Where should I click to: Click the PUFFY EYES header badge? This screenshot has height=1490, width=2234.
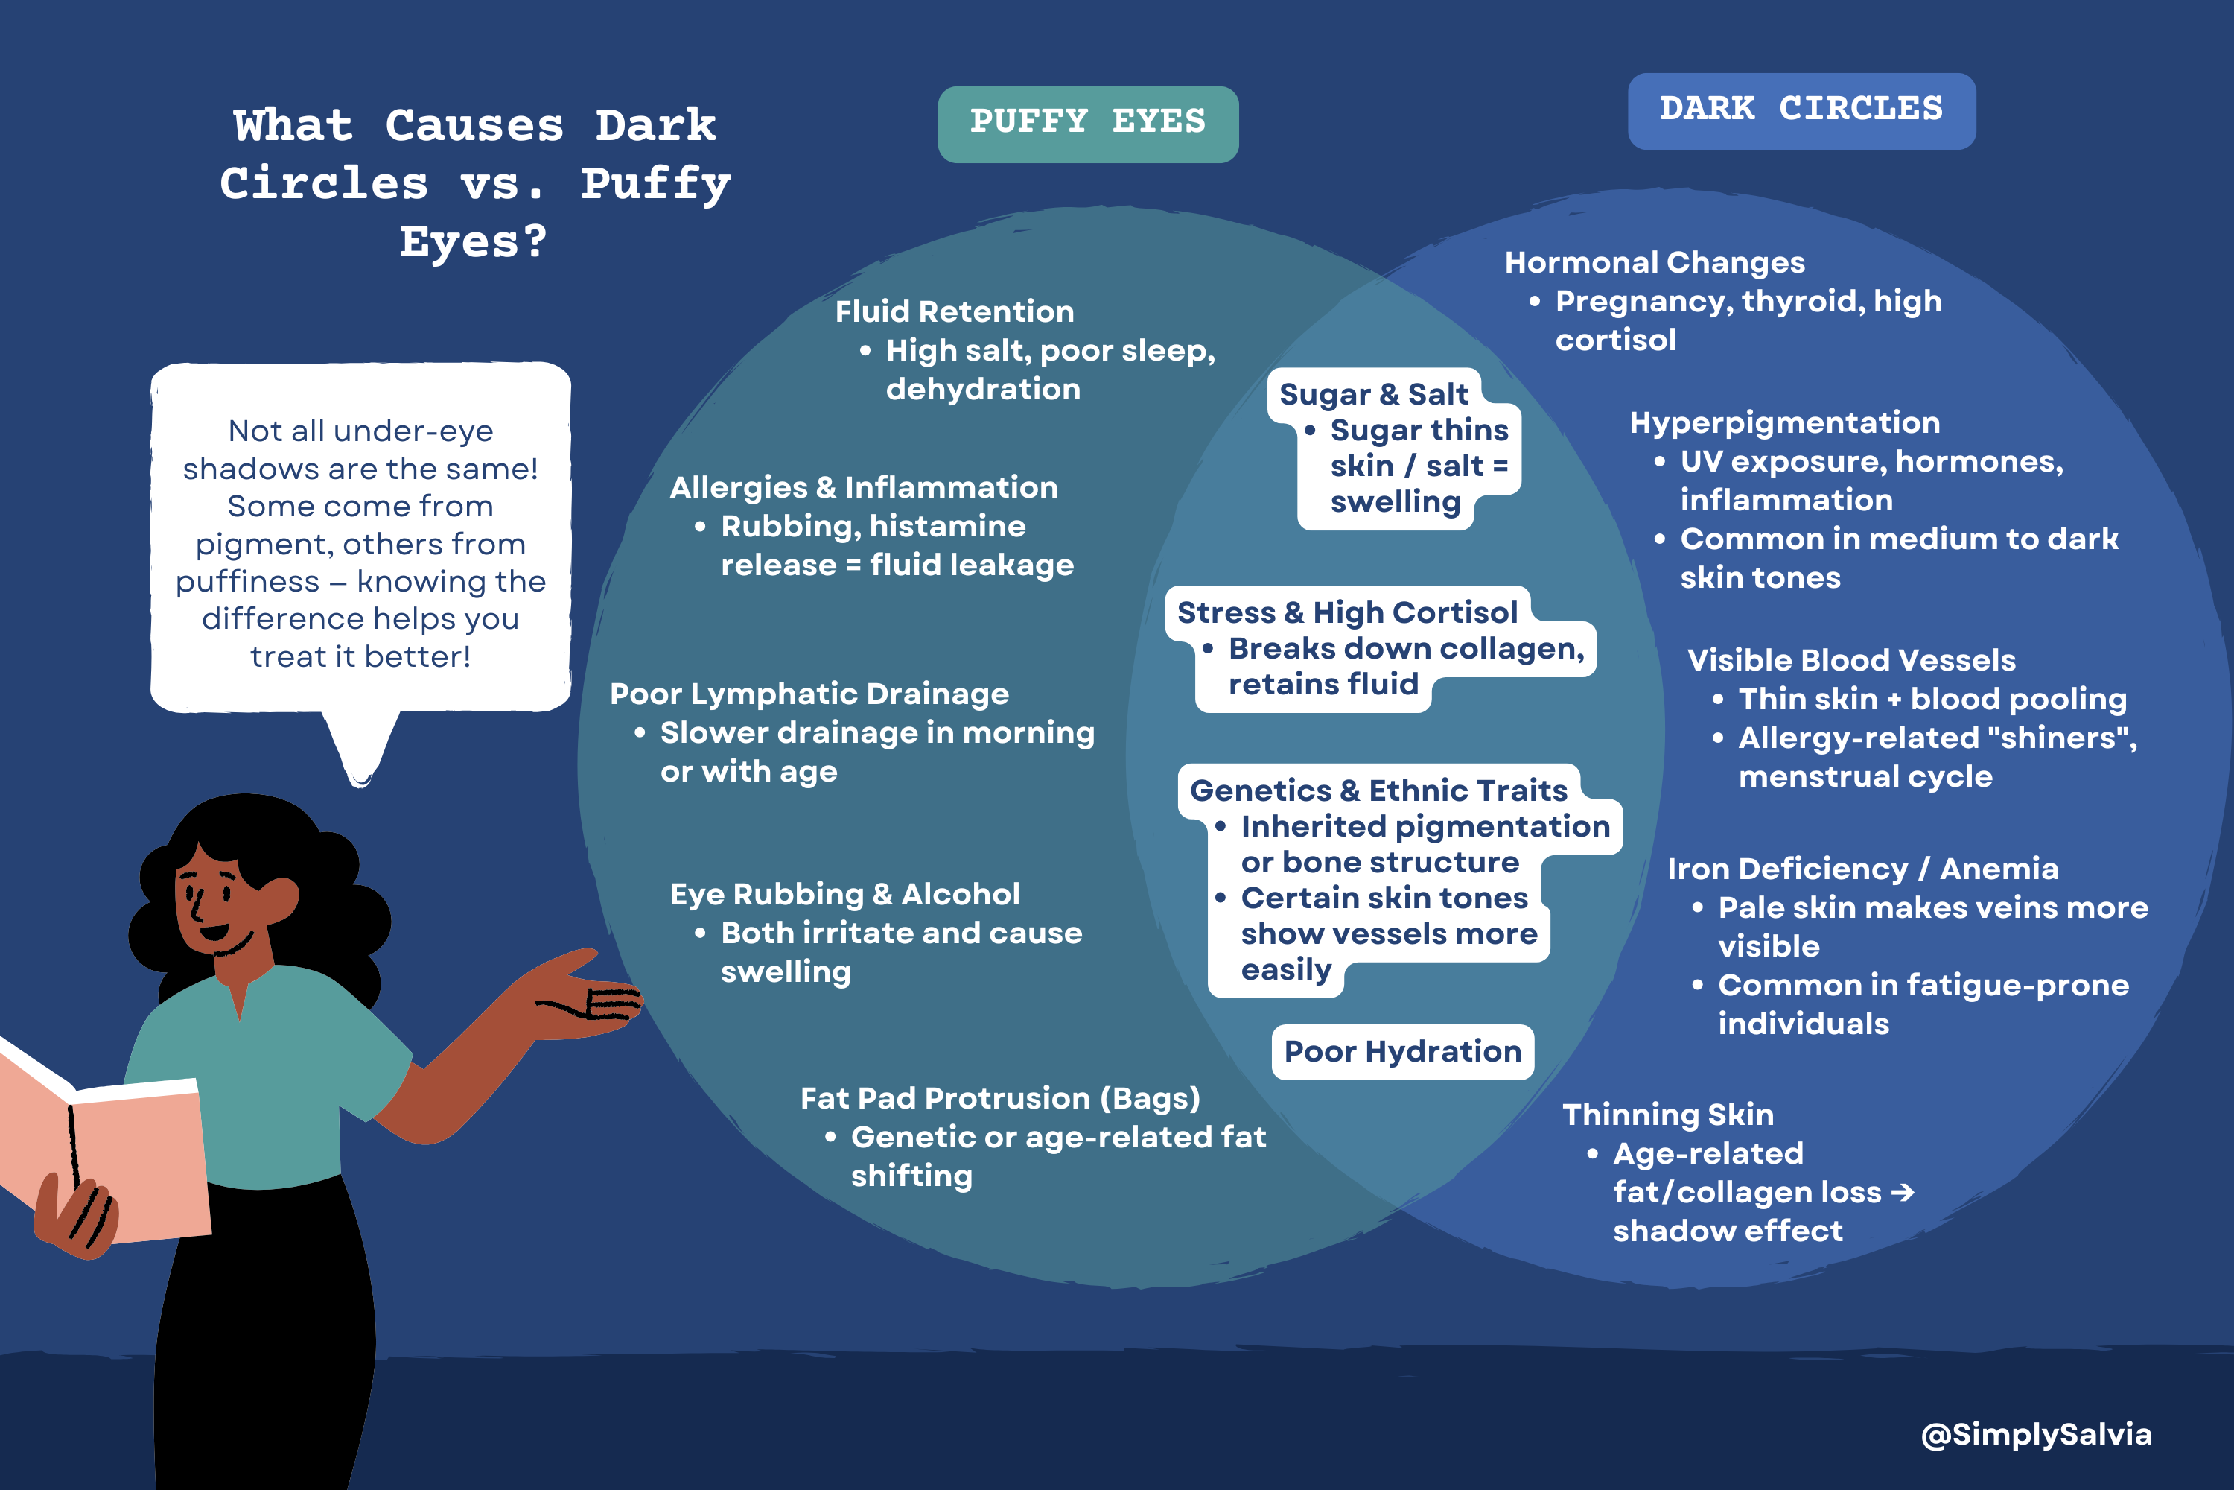coord(1087,124)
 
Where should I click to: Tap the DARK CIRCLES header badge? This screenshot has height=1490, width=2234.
coord(1801,110)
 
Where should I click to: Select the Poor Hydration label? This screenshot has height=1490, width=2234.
coord(1402,1051)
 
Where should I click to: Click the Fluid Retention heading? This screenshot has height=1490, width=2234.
coord(954,311)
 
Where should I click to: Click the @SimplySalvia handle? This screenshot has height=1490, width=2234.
coord(2035,1434)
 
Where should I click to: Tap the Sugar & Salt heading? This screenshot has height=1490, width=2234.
coord(1372,393)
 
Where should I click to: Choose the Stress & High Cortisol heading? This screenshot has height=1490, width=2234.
coord(1347,612)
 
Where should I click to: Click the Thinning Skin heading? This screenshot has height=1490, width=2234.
coord(1667,1114)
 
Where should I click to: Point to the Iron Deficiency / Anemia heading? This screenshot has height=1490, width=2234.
coord(1862,869)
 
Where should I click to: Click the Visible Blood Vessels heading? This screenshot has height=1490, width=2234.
coord(1850,659)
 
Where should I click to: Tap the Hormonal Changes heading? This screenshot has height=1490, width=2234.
coord(1654,262)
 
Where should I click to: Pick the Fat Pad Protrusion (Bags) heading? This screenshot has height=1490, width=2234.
coord(999,1097)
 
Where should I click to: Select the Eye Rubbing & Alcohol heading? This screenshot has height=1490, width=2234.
coord(844,894)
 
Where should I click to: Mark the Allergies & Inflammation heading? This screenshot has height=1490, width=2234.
coord(862,487)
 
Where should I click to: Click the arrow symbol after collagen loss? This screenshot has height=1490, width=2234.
coord(1903,1191)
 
